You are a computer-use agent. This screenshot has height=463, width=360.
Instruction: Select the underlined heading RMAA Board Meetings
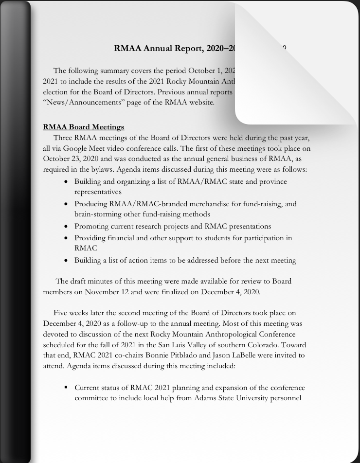click(x=84, y=127)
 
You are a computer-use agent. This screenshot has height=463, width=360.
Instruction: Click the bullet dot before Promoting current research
click(x=67, y=226)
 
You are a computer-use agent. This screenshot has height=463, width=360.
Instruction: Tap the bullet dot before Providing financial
click(x=67, y=238)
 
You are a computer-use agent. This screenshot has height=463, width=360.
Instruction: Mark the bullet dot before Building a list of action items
click(x=67, y=260)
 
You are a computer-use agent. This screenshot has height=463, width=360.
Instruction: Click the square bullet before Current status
click(x=66, y=388)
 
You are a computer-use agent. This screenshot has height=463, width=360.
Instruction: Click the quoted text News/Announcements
click(x=78, y=102)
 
